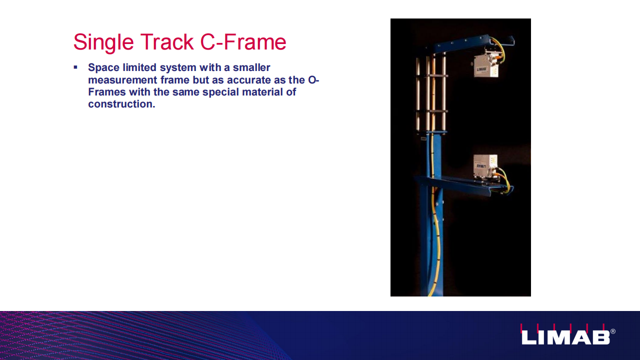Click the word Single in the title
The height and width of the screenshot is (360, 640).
coord(103,42)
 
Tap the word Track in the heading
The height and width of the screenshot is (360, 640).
coord(167,41)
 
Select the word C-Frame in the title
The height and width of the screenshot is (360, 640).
coord(243,41)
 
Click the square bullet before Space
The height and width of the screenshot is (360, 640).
coord(75,67)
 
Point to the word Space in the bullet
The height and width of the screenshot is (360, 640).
coord(103,68)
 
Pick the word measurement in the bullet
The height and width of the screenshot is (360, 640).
coord(123,80)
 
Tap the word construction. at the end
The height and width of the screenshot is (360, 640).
coord(121,104)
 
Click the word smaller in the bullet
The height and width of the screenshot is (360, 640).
coord(251,67)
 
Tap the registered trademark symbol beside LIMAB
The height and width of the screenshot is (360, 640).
coord(613,331)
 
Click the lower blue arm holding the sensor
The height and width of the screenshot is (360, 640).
coord(463,185)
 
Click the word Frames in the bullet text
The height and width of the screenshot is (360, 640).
coord(107,92)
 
